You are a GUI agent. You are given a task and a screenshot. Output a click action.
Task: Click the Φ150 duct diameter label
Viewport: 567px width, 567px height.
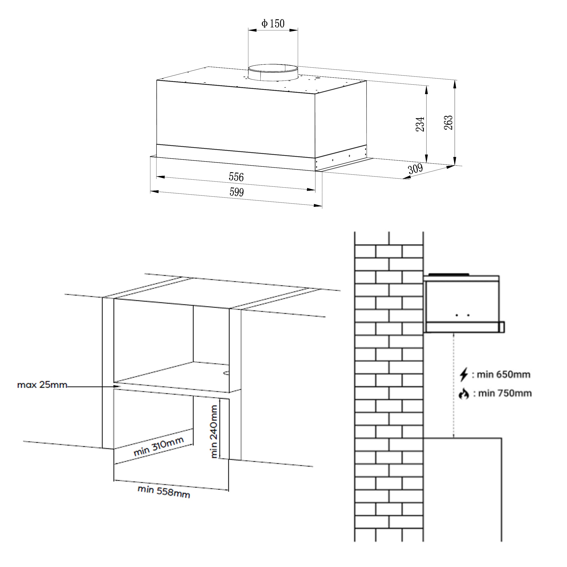pos(273,24)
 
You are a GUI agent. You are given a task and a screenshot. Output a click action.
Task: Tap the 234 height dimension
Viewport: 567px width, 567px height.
pos(420,124)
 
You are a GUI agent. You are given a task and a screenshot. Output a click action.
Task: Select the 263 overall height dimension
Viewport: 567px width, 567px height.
pos(448,123)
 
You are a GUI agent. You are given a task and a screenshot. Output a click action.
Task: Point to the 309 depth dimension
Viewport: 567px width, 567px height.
pos(415,169)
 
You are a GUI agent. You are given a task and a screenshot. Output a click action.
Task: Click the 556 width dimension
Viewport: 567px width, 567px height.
pos(236,177)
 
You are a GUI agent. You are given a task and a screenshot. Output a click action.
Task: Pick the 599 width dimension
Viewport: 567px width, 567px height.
pos(237,192)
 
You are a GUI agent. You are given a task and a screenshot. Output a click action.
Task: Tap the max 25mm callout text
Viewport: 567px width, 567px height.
pos(42,385)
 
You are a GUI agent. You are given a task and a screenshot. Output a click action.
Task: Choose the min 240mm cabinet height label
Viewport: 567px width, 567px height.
pos(214,431)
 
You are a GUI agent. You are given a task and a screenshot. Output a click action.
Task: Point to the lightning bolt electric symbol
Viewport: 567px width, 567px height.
pos(464,375)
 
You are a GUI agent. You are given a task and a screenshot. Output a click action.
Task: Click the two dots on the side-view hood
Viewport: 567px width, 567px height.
pos(462,315)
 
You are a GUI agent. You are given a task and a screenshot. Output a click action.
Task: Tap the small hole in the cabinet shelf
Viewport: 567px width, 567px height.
pos(227,373)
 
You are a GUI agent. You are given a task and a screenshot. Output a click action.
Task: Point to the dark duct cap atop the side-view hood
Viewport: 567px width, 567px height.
pos(449,274)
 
